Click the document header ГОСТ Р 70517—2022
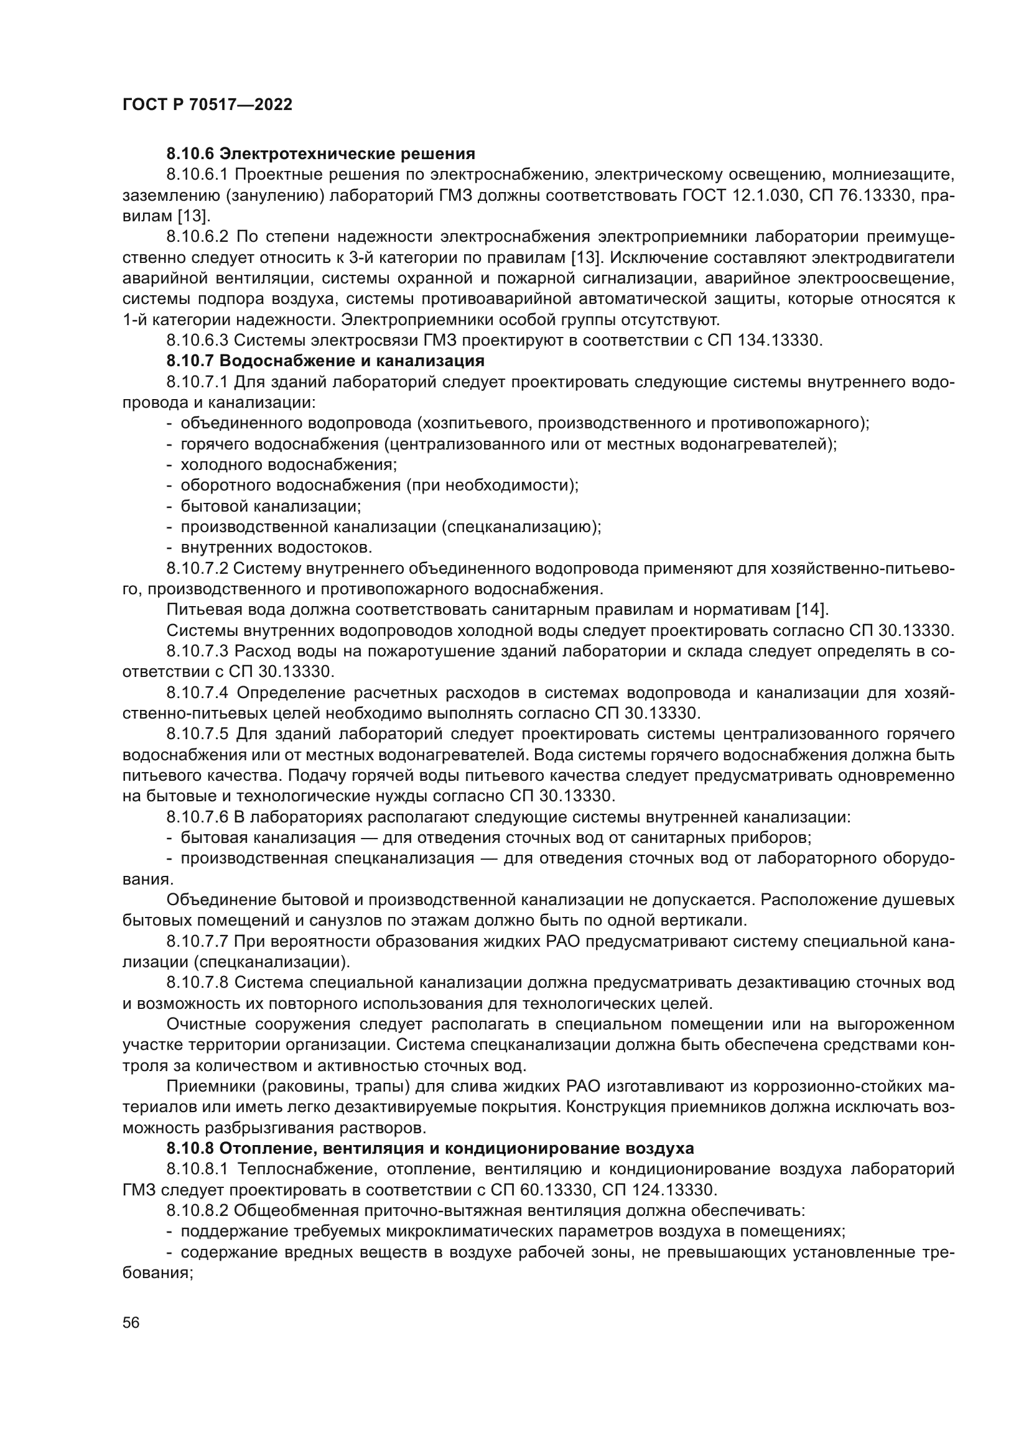click(207, 105)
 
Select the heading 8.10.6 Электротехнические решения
click(320, 154)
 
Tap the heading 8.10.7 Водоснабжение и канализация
click(325, 361)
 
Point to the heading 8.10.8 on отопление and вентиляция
click(431, 1148)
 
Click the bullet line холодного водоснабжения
click(288, 465)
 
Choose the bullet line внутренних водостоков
click(276, 547)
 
